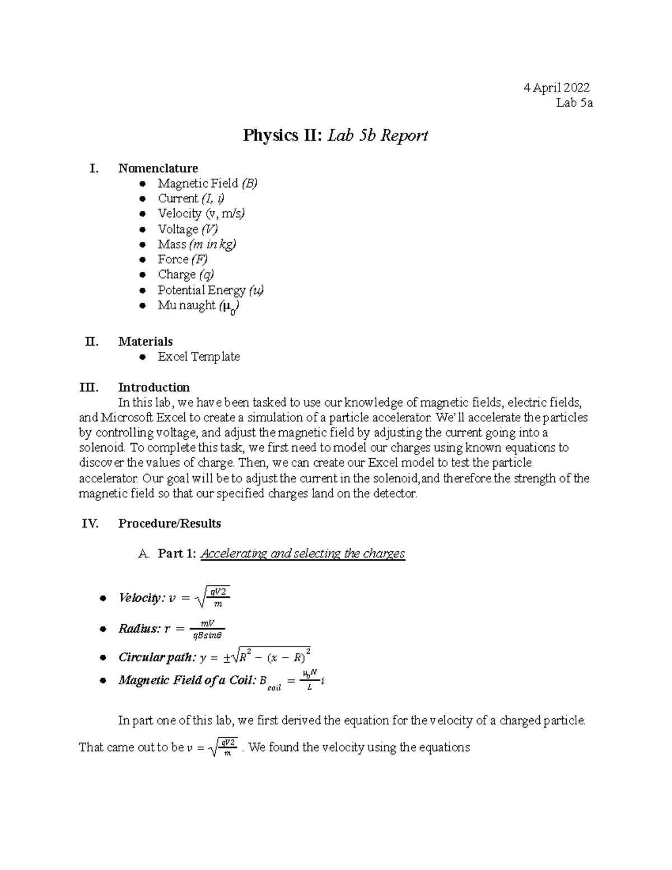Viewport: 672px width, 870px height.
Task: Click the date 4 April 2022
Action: (556, 87)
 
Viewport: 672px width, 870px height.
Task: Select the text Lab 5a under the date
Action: (574, 103)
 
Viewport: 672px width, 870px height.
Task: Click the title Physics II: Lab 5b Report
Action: (335, 136)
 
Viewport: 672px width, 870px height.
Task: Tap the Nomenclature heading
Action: (158, 168)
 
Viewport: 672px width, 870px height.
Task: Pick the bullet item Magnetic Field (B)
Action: (207, 183)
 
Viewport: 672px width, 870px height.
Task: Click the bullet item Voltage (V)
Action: (188, 229)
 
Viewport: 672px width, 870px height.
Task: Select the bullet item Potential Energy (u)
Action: (211, 290)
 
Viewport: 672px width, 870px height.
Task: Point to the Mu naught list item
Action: (199, 306)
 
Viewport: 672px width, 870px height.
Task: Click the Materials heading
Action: (145, 341)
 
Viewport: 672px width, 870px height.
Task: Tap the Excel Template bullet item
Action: (198, 357)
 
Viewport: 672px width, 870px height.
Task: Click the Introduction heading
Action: (154, 387)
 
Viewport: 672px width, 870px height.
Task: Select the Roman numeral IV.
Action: (90, 523)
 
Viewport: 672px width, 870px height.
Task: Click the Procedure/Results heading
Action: (170, 523)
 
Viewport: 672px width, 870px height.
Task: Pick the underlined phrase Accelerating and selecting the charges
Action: (302, 553)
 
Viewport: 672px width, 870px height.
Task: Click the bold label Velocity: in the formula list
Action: (141, 598)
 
